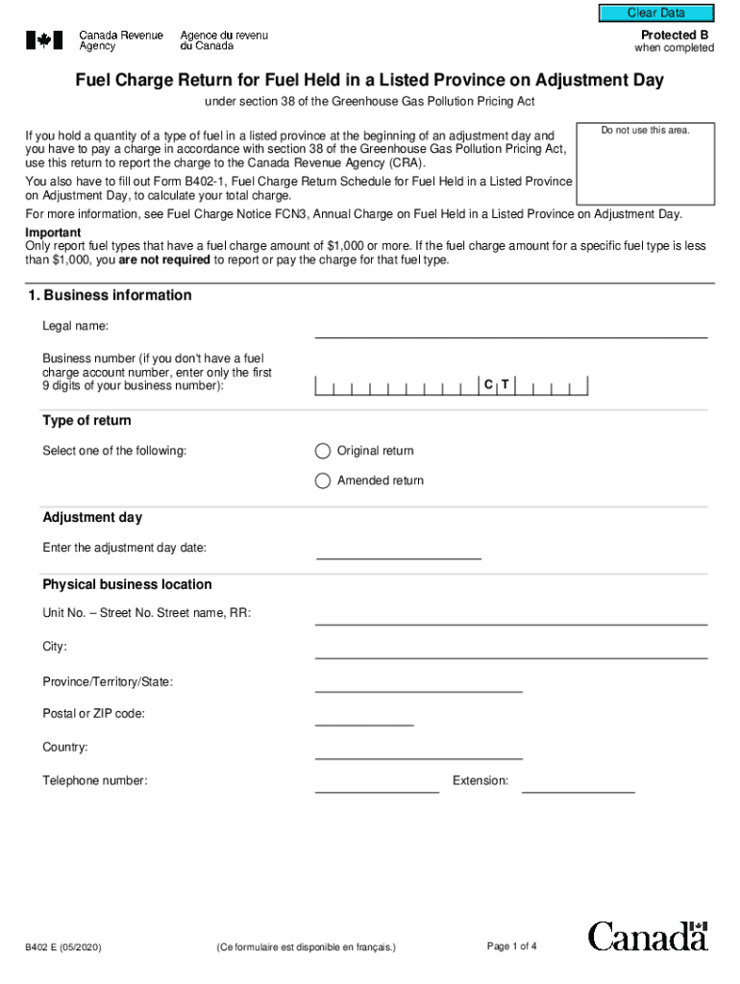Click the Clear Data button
pos(656,13)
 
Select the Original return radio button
pos(323,451)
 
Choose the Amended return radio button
pos(323,480)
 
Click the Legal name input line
pos(510,330)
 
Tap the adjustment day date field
pos(399,550)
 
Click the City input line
pos(510,650)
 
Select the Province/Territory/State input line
pos(418,683)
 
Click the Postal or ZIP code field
pos(364,717)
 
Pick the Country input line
pos(418,750)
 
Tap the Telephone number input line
pos(377,784)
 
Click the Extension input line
pos(578,784)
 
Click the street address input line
pos(510,616)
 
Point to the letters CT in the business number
pos(497,385)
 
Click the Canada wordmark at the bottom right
pos(648,936)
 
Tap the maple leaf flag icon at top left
pos(44,40)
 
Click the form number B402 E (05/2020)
pos(63,947)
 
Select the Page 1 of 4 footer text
pos(512,947)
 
